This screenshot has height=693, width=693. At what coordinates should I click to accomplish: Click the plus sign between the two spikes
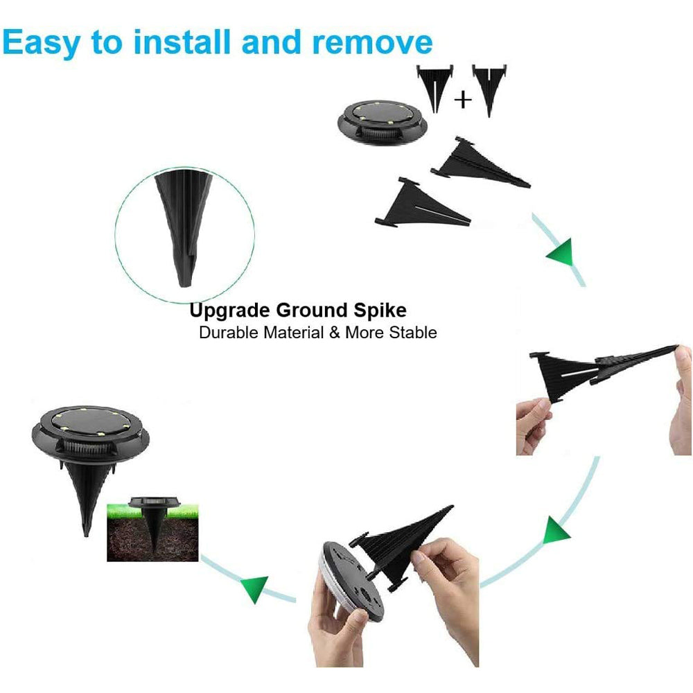click(462, 100)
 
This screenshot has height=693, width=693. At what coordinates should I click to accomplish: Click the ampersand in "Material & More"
click(334, 333)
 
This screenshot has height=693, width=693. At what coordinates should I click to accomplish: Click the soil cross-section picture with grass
click(152, 531)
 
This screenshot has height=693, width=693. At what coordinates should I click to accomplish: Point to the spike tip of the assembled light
click(85, 532)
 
